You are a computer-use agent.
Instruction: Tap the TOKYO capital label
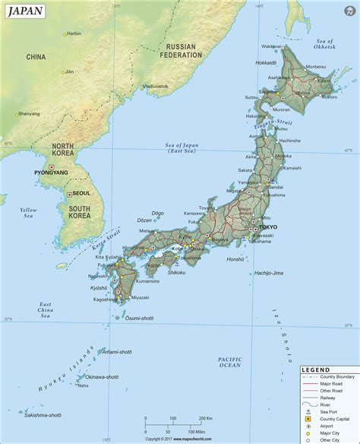coord(268,228)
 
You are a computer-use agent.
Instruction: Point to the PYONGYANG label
coord(51,173)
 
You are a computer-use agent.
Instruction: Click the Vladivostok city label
coord(155,86)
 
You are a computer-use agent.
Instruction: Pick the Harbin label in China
coord(74,33)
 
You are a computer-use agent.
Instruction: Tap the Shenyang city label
coord(28,113)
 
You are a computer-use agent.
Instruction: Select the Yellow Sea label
coord(28,212)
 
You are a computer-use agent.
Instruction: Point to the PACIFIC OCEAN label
coord(229,361)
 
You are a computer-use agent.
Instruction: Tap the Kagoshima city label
coord(106,300)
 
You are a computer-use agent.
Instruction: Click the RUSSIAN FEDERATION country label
coord(184,50)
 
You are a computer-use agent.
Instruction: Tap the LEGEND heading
coord(315,369)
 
